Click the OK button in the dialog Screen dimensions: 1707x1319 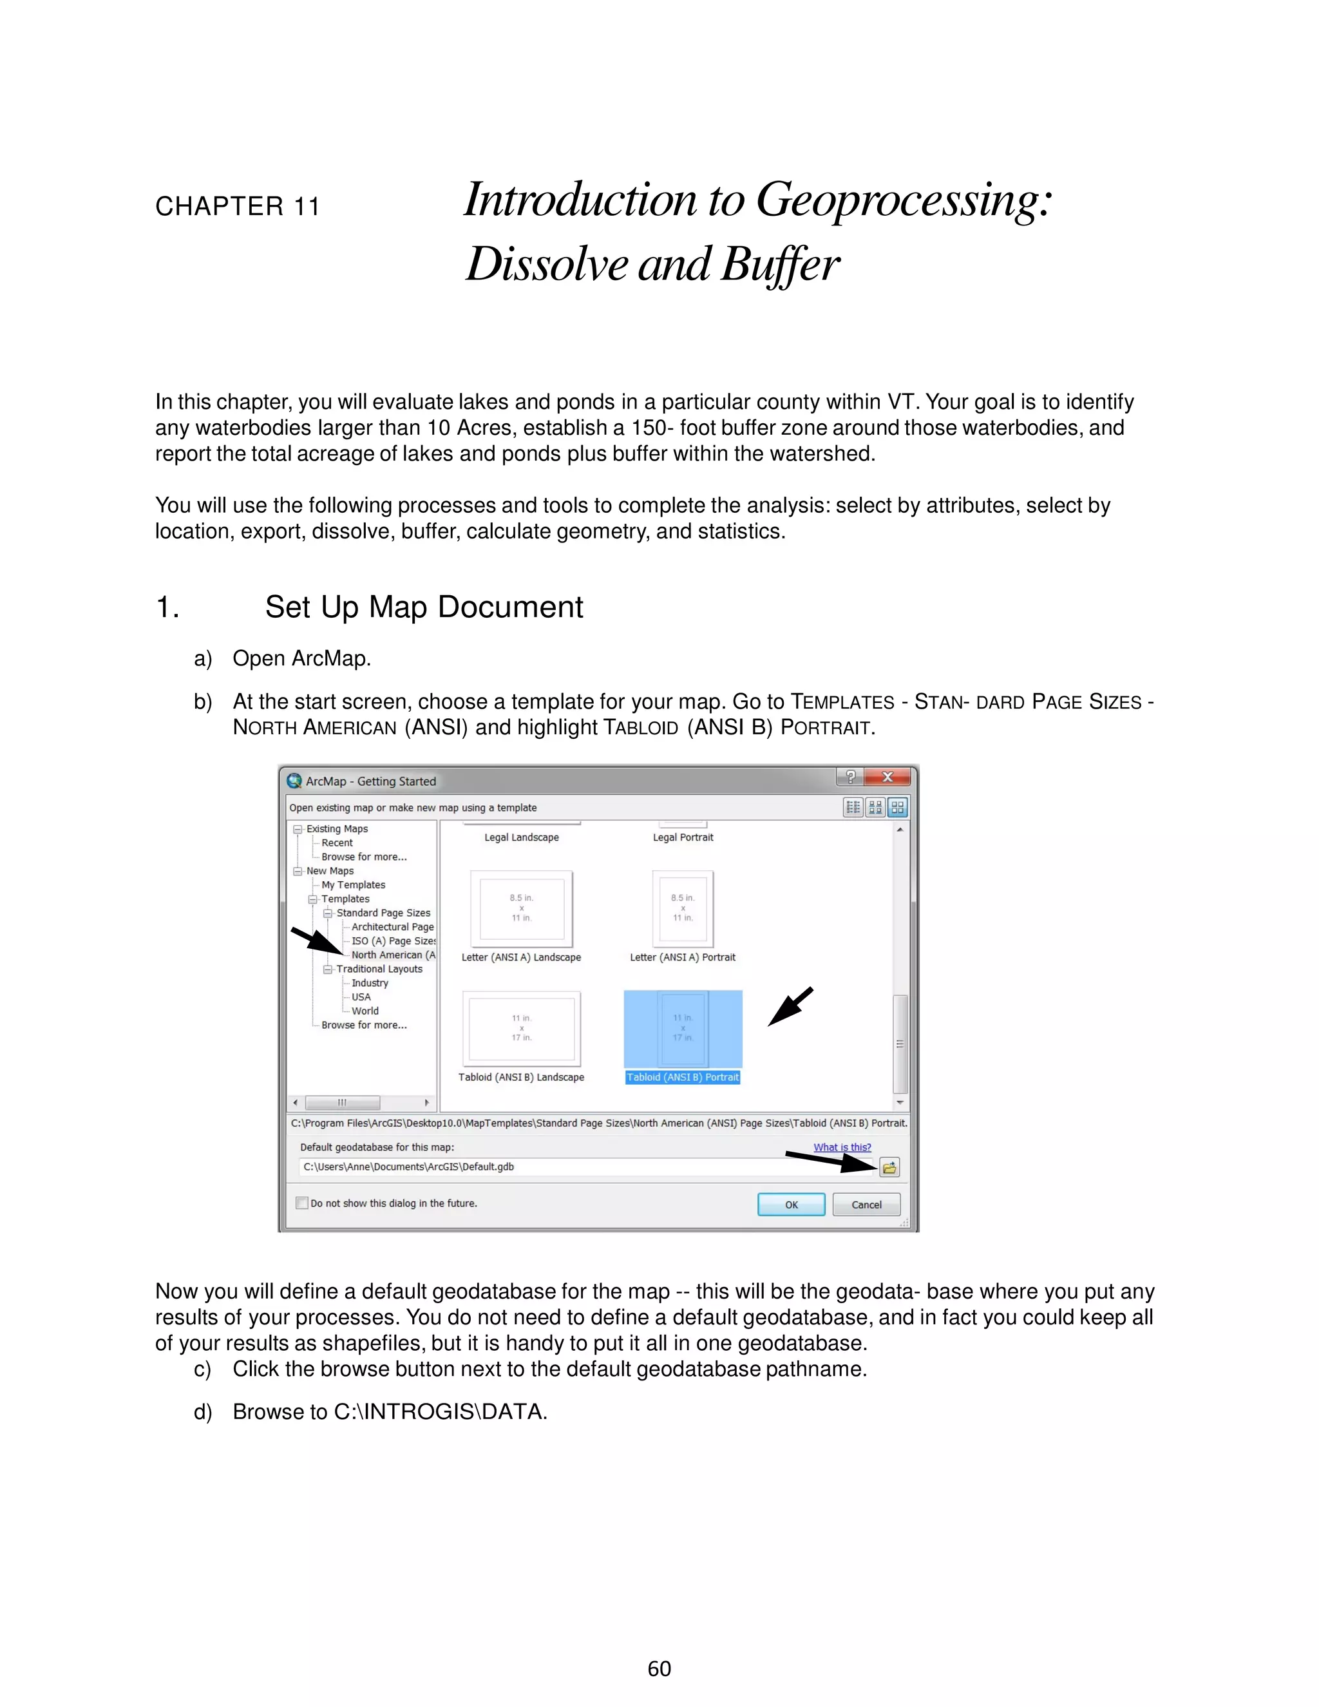coord(791,1205)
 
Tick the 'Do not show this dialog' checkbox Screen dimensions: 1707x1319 coord(301,1203)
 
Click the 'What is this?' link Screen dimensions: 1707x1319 coord(842,1147)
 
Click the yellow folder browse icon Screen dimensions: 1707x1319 coord(889,1168)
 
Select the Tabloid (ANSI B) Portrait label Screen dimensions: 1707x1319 coord(682,1077)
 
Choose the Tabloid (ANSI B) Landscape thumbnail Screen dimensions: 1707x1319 coord(521,1028)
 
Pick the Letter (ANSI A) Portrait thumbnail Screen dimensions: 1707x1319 coord(683,908)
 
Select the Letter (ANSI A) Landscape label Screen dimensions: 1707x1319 coord(521,957)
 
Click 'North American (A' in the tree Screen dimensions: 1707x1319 coord(393,955)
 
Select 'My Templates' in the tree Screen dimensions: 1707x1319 coord(353,885)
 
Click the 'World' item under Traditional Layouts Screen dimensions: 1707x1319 coord(365,1011)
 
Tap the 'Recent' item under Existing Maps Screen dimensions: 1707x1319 coord(337,843)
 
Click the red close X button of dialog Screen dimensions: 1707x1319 coord(887,777)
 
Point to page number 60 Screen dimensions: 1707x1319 coord(659,1669)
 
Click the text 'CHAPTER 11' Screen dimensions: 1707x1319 coord(238,206)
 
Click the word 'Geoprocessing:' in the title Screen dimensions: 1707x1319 coord(904,200)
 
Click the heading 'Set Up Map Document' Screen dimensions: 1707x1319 coord(424,607)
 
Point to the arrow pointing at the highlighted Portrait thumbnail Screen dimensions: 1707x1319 coord(790,1007)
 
